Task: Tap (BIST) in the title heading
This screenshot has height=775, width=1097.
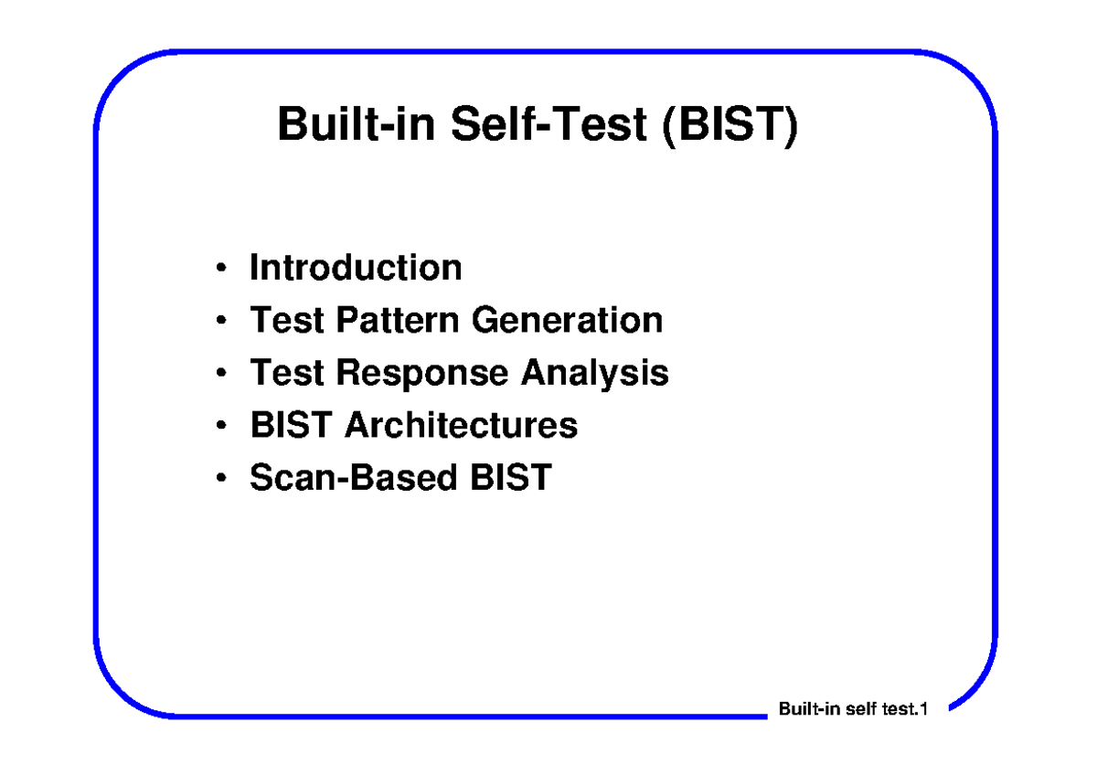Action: [x=730, y=125]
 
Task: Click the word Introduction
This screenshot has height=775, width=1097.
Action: [x=356, y=268]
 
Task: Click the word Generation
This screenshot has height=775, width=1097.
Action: [x=568, y=321]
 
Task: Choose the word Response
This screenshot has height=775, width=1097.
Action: [x=423, y=373]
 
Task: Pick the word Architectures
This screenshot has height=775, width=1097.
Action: [x=461, y=425]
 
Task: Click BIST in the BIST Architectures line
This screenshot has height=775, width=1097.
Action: [x=292, y=425]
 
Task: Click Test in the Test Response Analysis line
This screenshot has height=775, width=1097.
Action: [x=288, y=373]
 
